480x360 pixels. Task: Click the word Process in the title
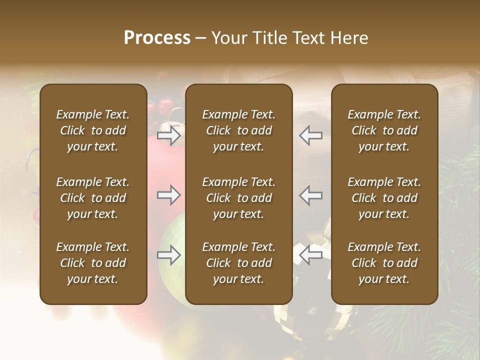pos(157,38)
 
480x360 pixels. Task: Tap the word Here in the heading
pos(349,38)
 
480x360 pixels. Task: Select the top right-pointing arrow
pos(169,135)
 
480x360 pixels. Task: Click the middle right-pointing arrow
pos(169,195)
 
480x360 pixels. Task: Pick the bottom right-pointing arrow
pos(169,255)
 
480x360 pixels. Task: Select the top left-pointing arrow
pos(310,135)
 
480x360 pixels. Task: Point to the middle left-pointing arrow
pos(310,195)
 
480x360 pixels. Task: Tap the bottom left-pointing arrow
pos(310,255)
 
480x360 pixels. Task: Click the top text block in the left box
pos(93,130)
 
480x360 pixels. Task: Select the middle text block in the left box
pos(93,198)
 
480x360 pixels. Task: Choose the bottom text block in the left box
pos(93,263)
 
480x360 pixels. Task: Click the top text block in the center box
pos(238,130)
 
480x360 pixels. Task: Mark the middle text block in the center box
pos(238,198)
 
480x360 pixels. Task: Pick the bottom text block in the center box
pos(238,263)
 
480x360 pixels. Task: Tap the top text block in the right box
pos(384,130)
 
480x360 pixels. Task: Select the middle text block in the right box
pos(384,198)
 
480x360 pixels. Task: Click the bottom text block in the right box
pos(384,263)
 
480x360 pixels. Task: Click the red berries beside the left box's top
pos(162,107)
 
